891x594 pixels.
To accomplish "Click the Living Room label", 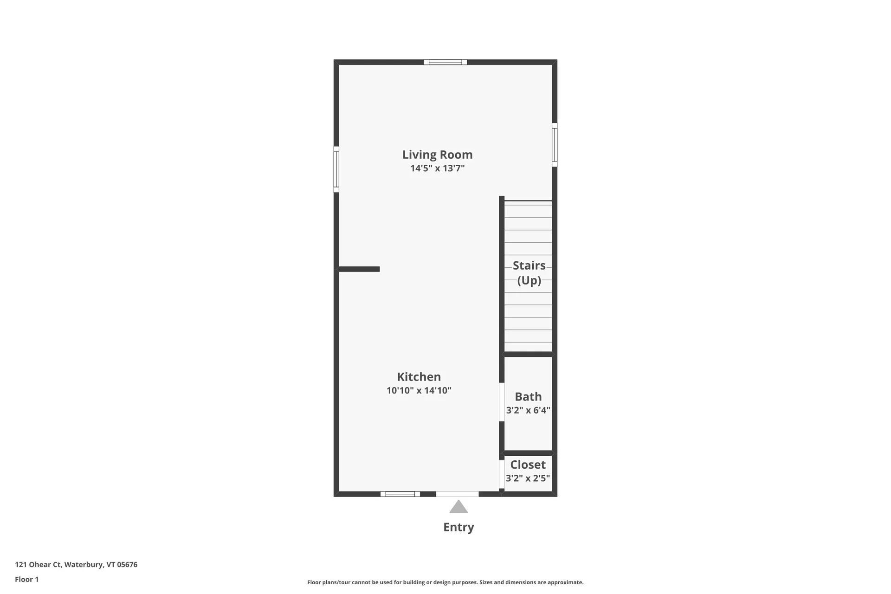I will (x=437, y=155).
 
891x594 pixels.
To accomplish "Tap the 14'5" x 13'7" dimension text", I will (x=437, y=168).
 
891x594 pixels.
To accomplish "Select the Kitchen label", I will (x=419, y=377).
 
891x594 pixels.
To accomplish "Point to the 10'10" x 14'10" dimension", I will (x=419, y=391).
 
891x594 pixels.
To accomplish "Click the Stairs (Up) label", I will (x=529, y=273).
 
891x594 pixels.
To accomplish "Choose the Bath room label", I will (x=528, y=397).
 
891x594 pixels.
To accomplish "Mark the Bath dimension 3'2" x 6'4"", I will (x=528, y=410).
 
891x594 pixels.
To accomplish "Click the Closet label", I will (x=528, y=465).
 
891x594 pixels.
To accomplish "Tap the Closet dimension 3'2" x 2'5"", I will (x=528, y=478).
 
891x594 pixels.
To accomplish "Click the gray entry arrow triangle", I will (x=458, y=507).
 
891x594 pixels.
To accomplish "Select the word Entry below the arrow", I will (x=458, y=527).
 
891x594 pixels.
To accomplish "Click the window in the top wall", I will (x=445, y=62).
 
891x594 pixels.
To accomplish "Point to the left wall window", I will (x=336, y=169).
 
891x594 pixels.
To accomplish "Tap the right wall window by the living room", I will (x=555, y=145).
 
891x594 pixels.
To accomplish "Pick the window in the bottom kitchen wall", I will (x=400, y=494).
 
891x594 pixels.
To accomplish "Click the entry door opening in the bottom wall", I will (x=457, y=494).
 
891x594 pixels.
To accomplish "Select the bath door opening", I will (x=502, y=402).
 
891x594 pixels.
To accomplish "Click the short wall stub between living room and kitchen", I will (x=359, y=269).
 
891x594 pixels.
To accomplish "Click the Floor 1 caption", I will (x=27, y=579).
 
